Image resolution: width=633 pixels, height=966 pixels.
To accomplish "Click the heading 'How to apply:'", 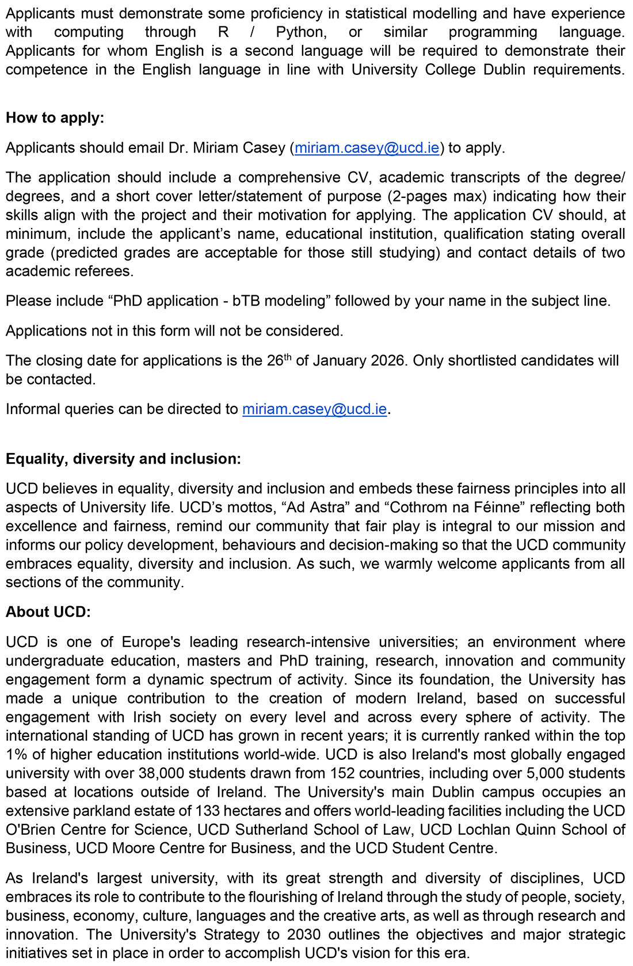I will (55, 118).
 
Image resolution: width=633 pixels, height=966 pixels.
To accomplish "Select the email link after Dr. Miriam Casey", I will (367, 148).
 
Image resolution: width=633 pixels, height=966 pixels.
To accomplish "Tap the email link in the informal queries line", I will (314, 409).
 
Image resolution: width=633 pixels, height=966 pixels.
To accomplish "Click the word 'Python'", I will (301, 32).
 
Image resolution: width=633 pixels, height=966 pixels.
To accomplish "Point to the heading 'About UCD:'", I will (48, 612).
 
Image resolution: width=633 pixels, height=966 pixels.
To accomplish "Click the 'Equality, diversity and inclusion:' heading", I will (123, 459).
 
